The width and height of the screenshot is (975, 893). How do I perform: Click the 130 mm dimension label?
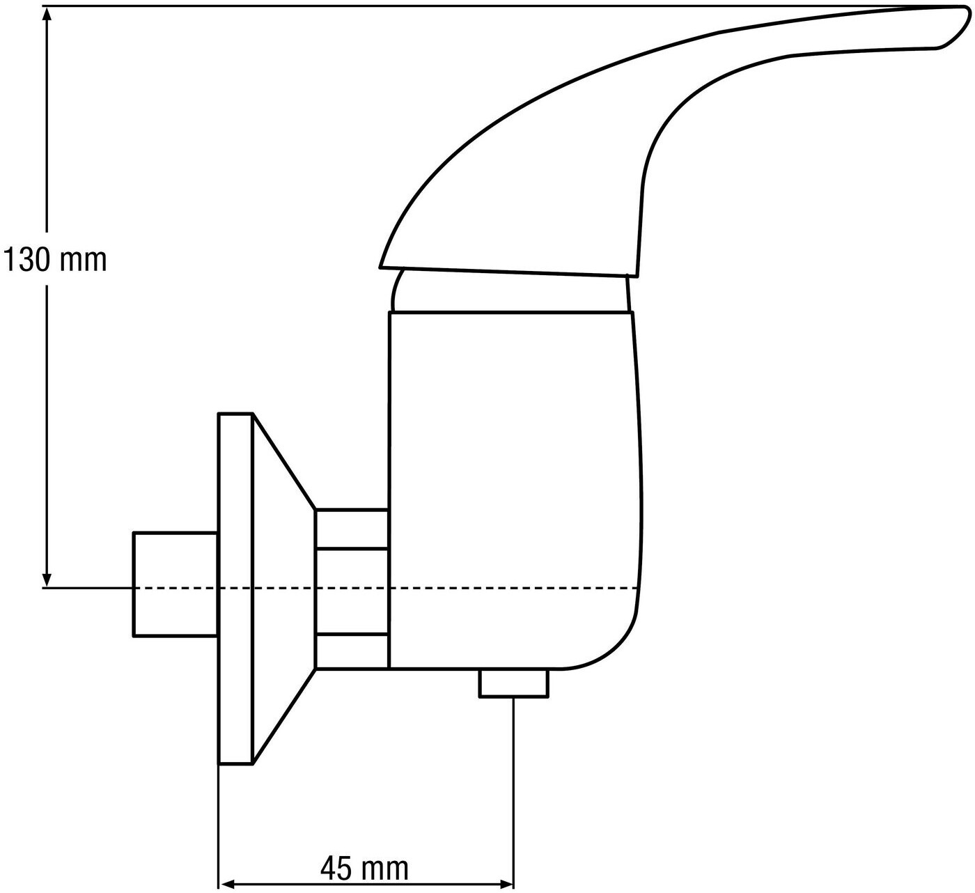click(54, 260)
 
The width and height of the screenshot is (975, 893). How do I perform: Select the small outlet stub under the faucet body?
click(514, 683)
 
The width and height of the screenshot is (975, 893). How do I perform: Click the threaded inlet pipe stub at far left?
click(175, 584)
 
